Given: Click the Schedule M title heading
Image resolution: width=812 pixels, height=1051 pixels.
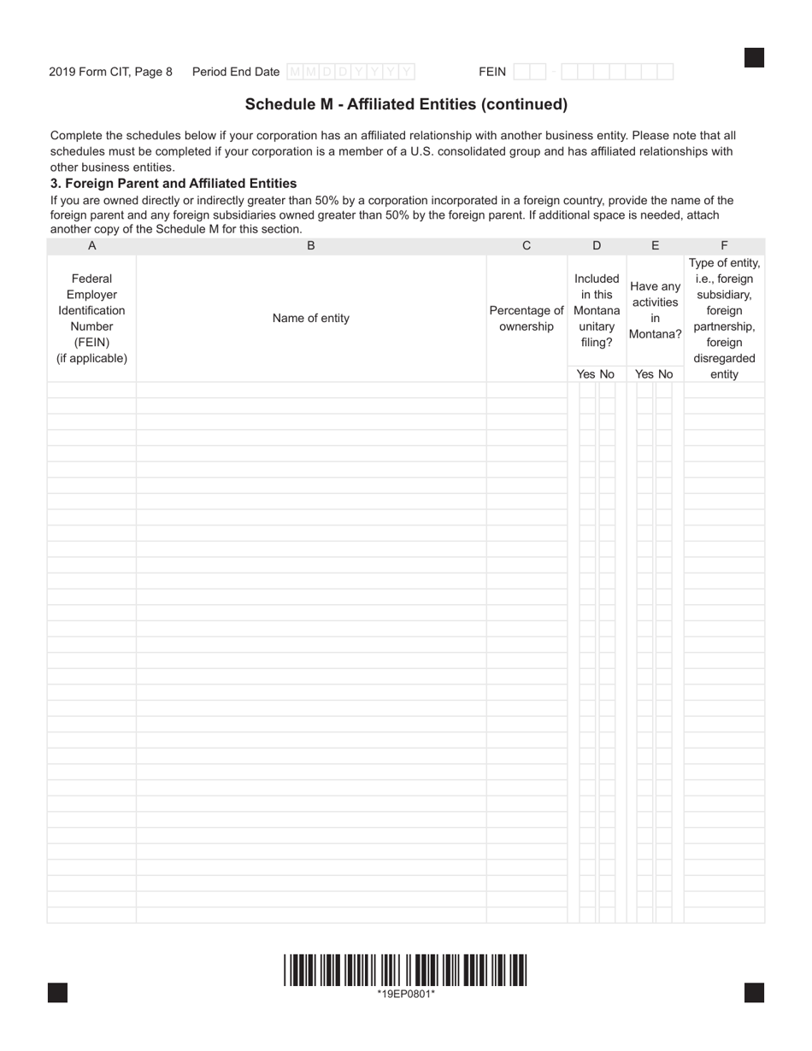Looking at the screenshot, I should coord(406,104).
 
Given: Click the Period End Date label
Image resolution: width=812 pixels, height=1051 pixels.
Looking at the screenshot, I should coord(236,72).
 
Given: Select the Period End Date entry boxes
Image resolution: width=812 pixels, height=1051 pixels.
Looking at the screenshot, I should coord(350,72).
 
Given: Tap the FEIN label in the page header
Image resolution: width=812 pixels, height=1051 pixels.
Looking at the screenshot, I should coord(492,72).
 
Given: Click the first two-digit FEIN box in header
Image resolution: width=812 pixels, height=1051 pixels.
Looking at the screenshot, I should coord(530,72).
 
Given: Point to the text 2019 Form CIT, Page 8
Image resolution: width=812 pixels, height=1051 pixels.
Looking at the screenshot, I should coord(110,72).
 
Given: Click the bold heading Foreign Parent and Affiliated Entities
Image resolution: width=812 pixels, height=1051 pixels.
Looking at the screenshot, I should coord(174,183).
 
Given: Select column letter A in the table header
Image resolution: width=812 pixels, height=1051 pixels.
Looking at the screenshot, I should coord(92,246).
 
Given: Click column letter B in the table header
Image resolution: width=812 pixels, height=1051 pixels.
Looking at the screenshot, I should coord(311,246).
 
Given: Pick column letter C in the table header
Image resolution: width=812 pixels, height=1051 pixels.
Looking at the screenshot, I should coord(527,246).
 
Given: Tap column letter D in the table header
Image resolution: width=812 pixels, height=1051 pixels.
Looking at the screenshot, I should coord(597,246).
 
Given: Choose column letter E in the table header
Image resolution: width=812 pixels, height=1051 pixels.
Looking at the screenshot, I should coord(656,246).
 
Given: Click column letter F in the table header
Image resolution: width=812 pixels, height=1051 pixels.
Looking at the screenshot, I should coord(724,246).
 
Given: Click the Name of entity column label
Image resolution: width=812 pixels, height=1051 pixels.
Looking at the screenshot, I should coord(311,318).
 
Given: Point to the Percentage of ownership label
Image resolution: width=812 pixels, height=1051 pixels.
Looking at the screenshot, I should coord(527,318).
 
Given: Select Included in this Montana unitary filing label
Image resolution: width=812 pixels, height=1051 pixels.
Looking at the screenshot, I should coord(597,310).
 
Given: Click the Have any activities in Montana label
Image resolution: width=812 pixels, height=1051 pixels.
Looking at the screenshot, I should coord(656,310).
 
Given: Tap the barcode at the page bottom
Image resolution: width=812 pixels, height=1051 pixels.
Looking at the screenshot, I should coord(406,970).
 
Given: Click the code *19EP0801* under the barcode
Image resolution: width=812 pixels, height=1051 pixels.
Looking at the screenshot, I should coord(406,993).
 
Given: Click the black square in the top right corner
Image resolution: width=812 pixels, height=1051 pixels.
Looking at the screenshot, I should coord(754,57).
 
